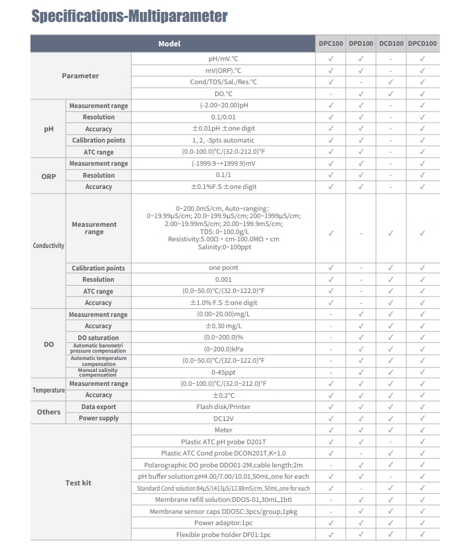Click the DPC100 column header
[x=331, y=44]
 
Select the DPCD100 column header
[x=422, y=44]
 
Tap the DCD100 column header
[x=391, y=44]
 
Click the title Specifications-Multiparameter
[x=129, y=16]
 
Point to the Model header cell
[x=170, y=44]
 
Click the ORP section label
[x=48, y=176]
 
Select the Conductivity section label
[x=48, y=246]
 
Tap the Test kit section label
[x=78, y=483]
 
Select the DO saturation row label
[x=99, y=338]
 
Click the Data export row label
[x=99, y=407]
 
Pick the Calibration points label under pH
[x=99, y=141]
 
